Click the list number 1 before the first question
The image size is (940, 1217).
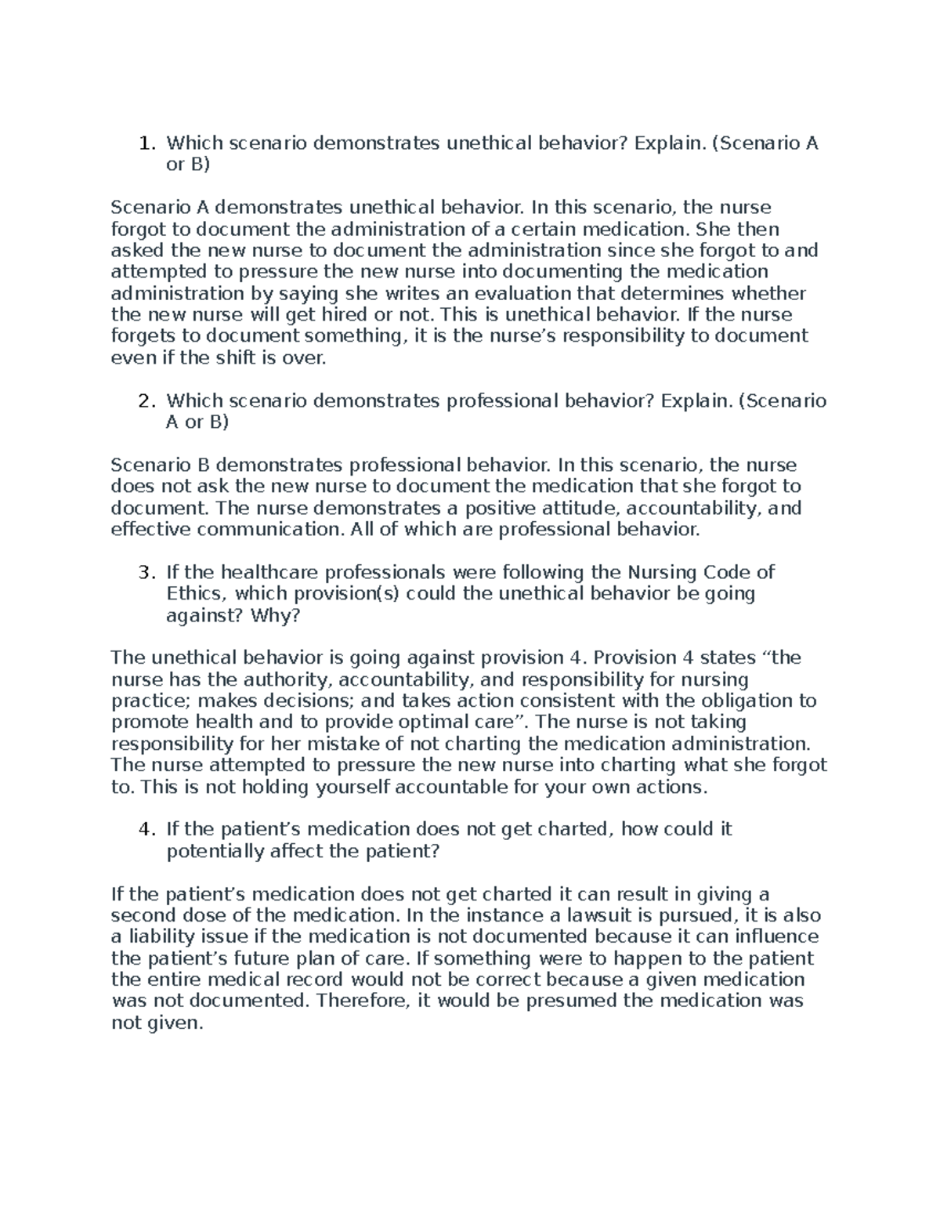coord(143,143)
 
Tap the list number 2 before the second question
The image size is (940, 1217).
coord(143,401)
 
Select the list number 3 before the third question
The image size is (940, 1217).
coord(143,572)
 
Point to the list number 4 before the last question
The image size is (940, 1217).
coord(143,829)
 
